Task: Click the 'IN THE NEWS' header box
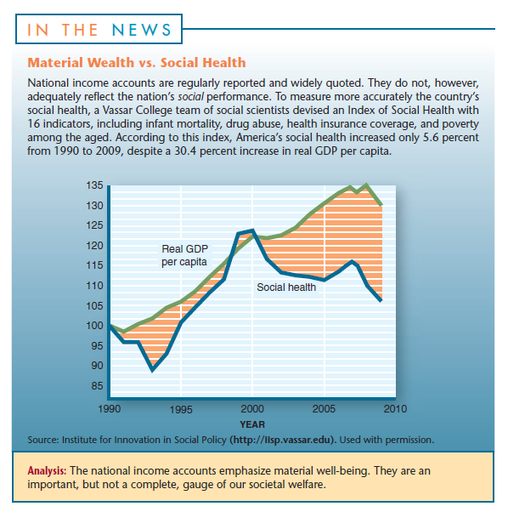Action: click(99, 29)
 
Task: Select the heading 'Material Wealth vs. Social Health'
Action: click(137, 62)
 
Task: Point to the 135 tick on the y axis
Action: click(94, 185)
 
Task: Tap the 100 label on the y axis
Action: click(94, 326)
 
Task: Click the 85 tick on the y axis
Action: click(97, 386)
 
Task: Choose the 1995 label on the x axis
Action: click(181, 409)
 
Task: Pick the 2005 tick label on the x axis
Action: click(324, 409)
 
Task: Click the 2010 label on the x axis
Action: click(395, 409)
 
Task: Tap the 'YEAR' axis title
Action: click(252, 424)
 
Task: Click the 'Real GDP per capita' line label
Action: click(184, 255)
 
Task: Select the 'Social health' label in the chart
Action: click(286, 287)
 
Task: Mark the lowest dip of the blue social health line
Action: click(152, 371)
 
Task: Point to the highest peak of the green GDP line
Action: click(366, 185)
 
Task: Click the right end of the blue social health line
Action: click(381, 300)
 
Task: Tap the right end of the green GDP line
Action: click(381, 205)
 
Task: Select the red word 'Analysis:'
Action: click(47, 471)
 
